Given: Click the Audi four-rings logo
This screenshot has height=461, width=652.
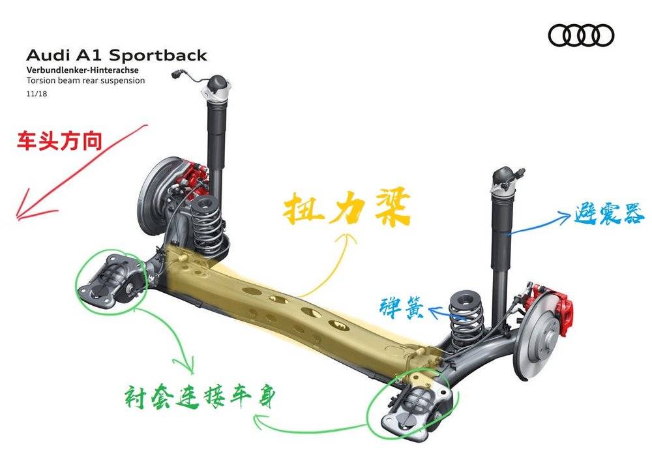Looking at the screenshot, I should click(581, 35).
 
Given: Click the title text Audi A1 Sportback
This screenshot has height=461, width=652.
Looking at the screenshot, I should click(116, 55).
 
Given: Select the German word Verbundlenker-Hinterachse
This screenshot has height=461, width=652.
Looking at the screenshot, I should click(82, 70).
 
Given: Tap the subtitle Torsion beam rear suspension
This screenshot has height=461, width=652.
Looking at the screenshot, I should click(85, 81).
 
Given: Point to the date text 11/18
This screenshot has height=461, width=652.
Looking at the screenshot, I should click(37, 93).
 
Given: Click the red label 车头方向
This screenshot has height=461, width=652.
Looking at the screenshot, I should click(59, 141).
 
